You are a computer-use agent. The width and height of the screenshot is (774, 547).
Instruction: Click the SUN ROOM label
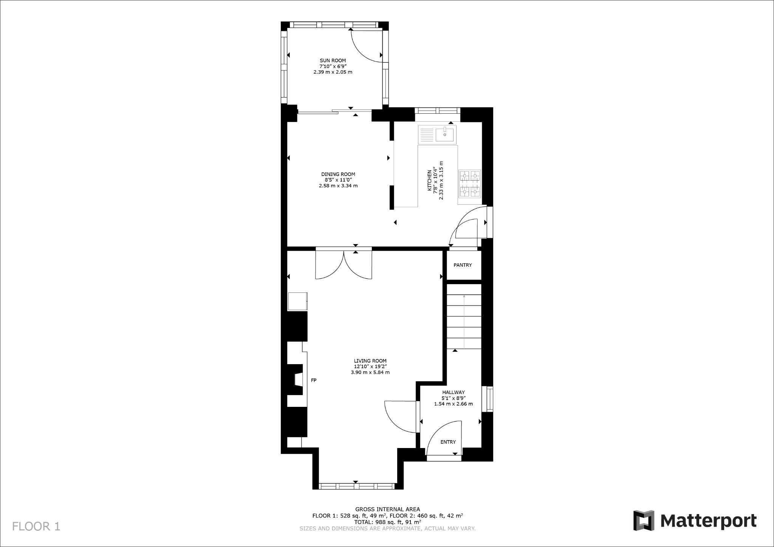pos(333,60)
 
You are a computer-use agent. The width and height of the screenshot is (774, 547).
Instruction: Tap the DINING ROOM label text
pos(338,174)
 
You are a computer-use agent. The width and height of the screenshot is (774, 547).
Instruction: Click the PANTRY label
pos(463,265)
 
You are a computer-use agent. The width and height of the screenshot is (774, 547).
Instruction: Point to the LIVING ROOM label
pos(370,361)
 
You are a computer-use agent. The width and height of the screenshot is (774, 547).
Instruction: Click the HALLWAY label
pos(453,392)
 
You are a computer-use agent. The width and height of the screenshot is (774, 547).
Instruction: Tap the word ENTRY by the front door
pos(448,442)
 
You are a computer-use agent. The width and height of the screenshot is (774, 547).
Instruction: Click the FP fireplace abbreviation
pos(313,380)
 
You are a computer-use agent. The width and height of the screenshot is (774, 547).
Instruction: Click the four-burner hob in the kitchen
pos(470,184)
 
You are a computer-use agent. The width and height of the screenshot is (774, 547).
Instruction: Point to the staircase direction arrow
pos(464,321)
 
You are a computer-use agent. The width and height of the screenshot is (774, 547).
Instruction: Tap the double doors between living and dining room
pos(344,264)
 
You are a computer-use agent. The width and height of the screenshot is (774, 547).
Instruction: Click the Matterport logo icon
pos(644,520)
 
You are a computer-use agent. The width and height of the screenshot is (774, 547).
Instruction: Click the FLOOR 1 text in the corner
pos(36,526)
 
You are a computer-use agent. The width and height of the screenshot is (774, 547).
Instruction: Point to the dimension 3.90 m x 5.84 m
pos(370,372)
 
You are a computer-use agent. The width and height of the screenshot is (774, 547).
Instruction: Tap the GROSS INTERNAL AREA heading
pos(387,509)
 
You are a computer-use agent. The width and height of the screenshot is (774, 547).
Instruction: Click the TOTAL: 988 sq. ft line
pos(387,522)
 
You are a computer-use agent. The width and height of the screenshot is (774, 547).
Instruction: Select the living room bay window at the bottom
pos(357,486)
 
